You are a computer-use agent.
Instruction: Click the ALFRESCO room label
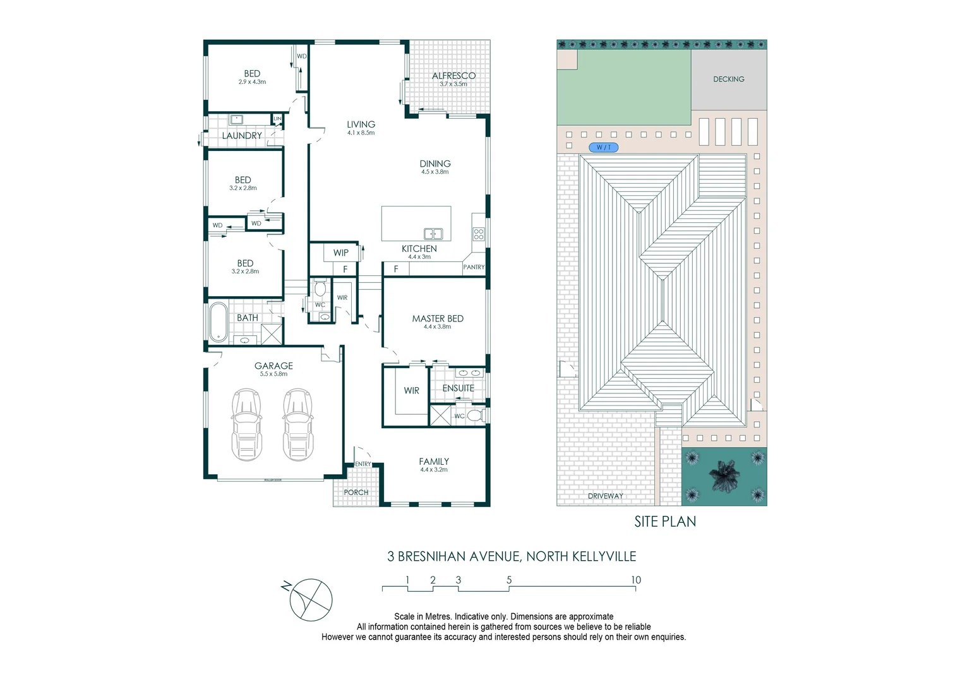click(453, 76)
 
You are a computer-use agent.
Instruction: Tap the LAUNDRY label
click(241, 136)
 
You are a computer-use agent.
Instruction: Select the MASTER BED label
click(438, 318)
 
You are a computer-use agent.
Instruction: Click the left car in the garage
click(246, 424)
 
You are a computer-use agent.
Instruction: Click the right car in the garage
click(297, 424)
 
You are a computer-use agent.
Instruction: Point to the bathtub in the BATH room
click(219, 322)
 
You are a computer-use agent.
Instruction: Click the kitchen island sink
click(433, 234)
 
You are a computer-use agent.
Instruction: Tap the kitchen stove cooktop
click(479, 234)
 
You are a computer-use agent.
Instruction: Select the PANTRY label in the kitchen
click(474, 267)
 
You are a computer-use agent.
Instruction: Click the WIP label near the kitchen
click(341, 253)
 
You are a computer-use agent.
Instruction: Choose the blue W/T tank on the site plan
click(604, 147)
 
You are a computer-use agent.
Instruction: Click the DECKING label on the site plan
click(729, 79)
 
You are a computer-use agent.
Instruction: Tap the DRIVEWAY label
click(605, 496)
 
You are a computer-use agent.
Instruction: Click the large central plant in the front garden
click(724, 476)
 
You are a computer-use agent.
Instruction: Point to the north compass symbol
click(310, 599)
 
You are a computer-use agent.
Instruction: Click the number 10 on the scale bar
click(635, 580)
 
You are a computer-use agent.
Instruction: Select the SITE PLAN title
click(665, 522)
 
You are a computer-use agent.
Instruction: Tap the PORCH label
click(356, 492)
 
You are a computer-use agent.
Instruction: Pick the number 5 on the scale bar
click(509, 580)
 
